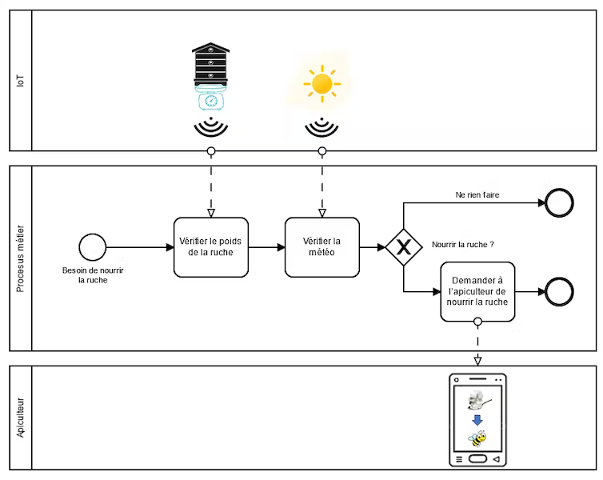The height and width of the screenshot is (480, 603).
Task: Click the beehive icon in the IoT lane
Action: [x=211, y=64]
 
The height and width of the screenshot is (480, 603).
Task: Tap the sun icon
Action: [x=321, y=84]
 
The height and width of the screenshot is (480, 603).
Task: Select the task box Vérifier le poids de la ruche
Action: [x=211, y=247]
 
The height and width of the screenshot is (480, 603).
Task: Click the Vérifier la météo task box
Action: [x=322, y=247]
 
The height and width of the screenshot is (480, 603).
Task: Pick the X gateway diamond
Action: [x=404, y=247]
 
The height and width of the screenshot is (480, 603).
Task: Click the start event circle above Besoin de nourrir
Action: [x=93, y=247]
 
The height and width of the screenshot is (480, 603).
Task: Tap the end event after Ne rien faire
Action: [x=559, y=202]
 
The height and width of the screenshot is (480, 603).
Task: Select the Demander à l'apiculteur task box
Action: [x=477, y=291]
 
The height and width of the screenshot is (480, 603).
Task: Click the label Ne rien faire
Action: [x=477, y=195]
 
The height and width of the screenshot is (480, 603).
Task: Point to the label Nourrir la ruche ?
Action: [x=463, y=245]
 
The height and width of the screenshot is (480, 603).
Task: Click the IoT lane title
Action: [x=20, y=81]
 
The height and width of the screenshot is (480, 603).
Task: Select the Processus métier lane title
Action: [x=20, y=258]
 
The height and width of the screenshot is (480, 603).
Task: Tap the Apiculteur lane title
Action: [x=20, y=418]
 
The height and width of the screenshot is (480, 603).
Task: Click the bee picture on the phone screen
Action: [x=477, y=438]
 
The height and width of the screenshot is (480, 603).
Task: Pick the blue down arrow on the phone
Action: [x=477, y=420]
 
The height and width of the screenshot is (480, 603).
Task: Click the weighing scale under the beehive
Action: [x=211, y=98]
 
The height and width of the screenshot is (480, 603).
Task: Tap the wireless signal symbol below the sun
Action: [x=321, y=127]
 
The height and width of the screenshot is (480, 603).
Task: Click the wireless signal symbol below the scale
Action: [x=211, y=126]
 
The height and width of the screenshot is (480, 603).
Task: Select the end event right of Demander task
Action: [x=559, y=291]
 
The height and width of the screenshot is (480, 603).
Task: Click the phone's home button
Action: [x=477, y=459]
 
